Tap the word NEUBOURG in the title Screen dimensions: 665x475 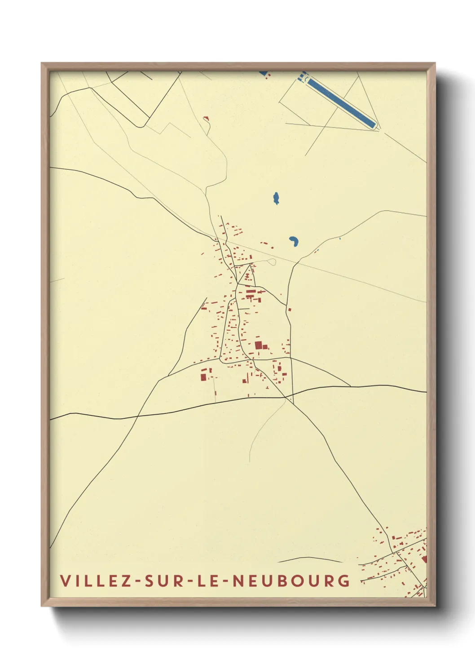(x=292, y=581)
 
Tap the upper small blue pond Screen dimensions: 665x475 (x=276, y=198)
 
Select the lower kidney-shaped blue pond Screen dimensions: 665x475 (x=294, y=242)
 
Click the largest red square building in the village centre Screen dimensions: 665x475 (x=258, y=345)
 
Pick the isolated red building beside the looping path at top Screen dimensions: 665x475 (x=206, y=118)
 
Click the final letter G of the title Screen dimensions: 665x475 (x=344, y=581)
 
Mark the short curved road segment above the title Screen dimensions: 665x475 (x=310, y=559)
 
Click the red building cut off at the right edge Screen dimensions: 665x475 (x=424, y=559)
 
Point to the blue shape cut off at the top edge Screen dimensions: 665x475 (x=263, y=73)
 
